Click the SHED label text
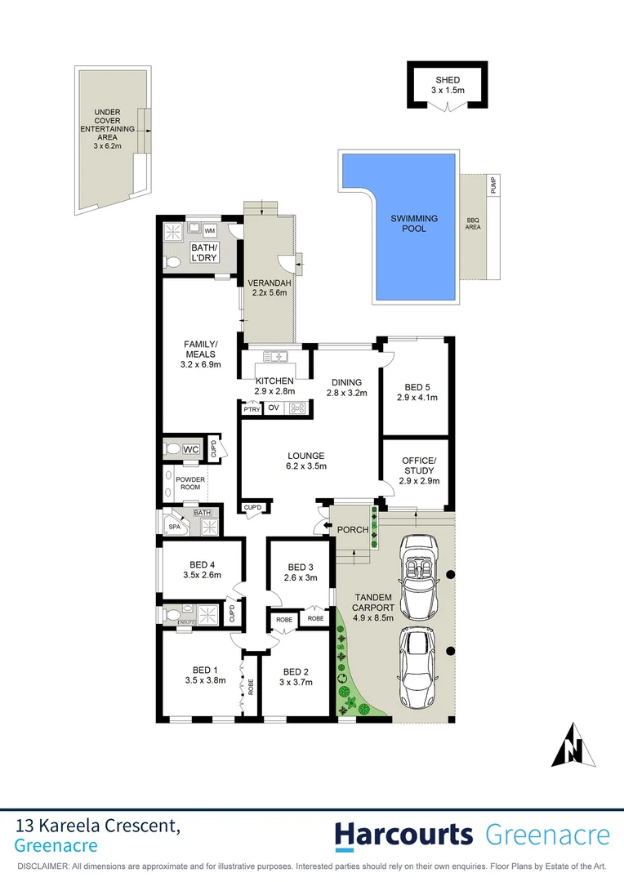pos(447,78)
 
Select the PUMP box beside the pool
pos(493,185)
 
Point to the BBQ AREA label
pos(473,223)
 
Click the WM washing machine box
pos(209,231)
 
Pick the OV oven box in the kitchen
pos(274,408)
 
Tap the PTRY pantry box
pos(251,408)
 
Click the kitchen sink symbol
pos(276,356)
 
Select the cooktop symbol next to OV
pos(296,408)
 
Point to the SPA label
pos(174,527)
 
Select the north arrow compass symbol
pos(575,746)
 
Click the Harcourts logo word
pos(403,835)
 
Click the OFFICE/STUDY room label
pos(419,466)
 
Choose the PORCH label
pos(353,530)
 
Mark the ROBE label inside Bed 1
pos(251,688)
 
